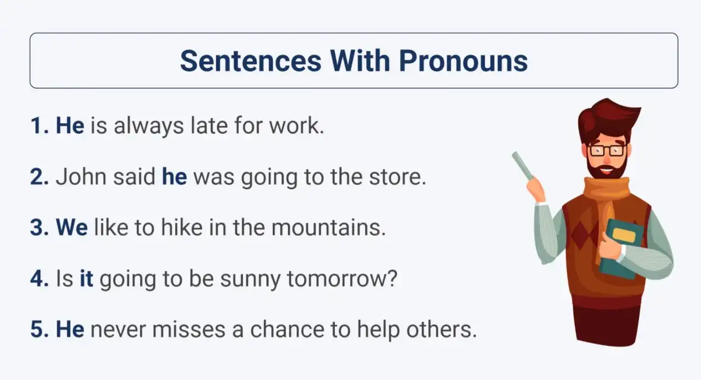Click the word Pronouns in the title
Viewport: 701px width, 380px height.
[463, 61]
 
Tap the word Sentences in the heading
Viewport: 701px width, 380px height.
[251, 61]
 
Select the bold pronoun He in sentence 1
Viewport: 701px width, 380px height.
[70, 125]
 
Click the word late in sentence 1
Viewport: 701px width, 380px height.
[209, 125]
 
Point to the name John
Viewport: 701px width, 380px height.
[81, 176]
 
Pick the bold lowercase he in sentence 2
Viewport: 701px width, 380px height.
[174, 176]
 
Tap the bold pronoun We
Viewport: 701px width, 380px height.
[72, 228]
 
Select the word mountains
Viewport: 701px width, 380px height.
[328, 228]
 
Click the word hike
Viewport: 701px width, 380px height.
[182, 228]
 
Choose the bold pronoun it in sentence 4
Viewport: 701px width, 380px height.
[86, 278]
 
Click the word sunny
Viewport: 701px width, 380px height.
[251, 279]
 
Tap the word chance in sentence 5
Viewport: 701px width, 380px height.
[287, 329]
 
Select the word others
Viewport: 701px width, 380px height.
[442, 329]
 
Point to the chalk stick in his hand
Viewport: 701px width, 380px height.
[523, 166]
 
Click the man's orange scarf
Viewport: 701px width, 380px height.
[607, 207]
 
